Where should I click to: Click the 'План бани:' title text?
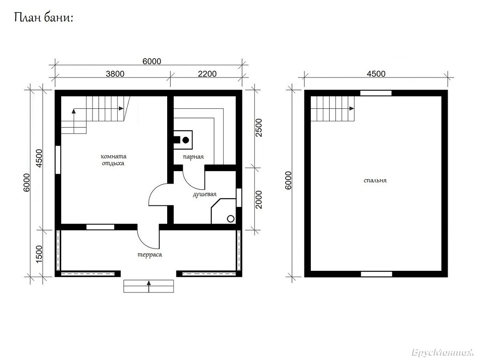coord(44,18)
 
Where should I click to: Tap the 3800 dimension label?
coord(115,74)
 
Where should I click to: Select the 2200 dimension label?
coord(207,74)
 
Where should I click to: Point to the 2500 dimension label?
coord(259,128)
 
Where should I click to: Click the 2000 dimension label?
coord(259,200)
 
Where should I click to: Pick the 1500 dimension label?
coord(39,254)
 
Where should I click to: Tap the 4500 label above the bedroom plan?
coord(376,74)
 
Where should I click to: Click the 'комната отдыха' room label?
coord(114,160)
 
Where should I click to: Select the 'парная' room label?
coord(193,157)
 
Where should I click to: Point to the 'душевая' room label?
coord(205,194)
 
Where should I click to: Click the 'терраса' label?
coord(150,255)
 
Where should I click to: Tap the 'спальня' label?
coord(375,180)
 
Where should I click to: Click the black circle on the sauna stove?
coord(186,140)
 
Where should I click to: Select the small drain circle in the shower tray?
coord(231,218)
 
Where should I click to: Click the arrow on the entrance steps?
coord(149,286)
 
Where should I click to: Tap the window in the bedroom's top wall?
coord(376,93)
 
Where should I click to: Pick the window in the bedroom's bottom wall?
coord(376,274)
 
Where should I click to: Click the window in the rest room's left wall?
coord(58,160)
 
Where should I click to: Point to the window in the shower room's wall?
coord(239,198)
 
